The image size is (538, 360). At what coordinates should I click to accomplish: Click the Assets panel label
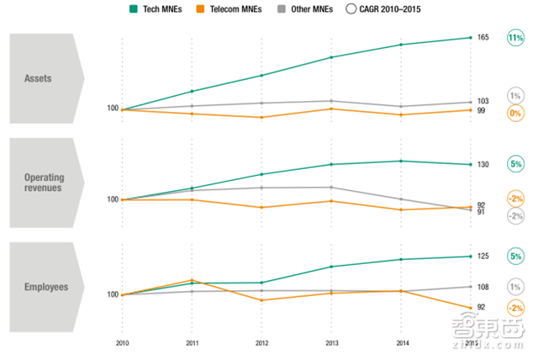pyautogui.click(x=39, y=79)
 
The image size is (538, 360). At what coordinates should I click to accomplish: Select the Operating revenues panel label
pyautogui.click(x=43, y=183)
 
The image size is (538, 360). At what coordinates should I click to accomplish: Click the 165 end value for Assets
pyautogui.click(x=483, y=38)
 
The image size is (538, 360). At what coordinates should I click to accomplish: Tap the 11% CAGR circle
pyautogui.click(x=515, y=38)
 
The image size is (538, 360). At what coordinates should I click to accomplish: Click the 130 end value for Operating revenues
pyautogui.click(x=483, y=164)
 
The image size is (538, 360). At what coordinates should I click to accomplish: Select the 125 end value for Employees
pyautogui.click(x=483, y=256)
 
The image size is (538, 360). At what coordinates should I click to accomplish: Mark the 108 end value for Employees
pyautogui.click(x=483, y=287)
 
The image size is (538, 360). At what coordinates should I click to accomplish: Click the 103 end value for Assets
pyautogui.click(x=483, y=101)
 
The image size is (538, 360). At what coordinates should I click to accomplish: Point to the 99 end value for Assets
pyautogui.click(x=482, y=111)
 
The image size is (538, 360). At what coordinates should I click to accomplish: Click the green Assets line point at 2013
pyautogui.click(x=331, y=57)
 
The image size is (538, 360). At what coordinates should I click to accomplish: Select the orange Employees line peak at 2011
pyautogui.click(x=193, y=280)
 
